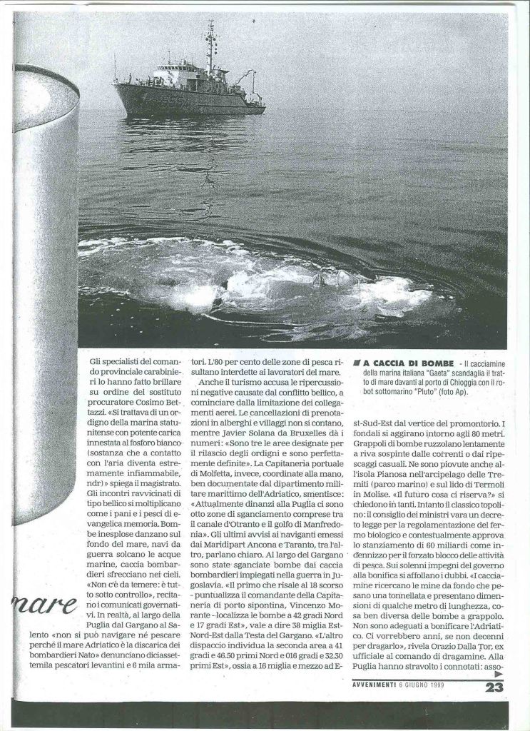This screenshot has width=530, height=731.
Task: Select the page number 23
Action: pyautogui.click(x=494, y=687)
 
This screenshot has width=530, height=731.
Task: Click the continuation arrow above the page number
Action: pyautogui.click(x=497, y=674)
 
